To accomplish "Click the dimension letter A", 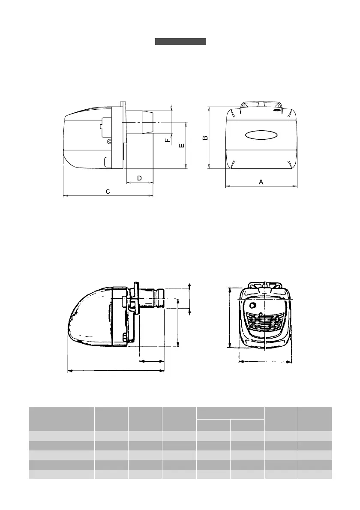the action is point(261,182).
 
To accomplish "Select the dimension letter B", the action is point(205,138).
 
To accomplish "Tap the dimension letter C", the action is point(108,192).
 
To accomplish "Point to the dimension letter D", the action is point(140,178).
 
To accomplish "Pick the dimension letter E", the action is point(182,145).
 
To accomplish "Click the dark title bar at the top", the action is point(180,41).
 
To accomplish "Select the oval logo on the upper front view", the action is point(261,135).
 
